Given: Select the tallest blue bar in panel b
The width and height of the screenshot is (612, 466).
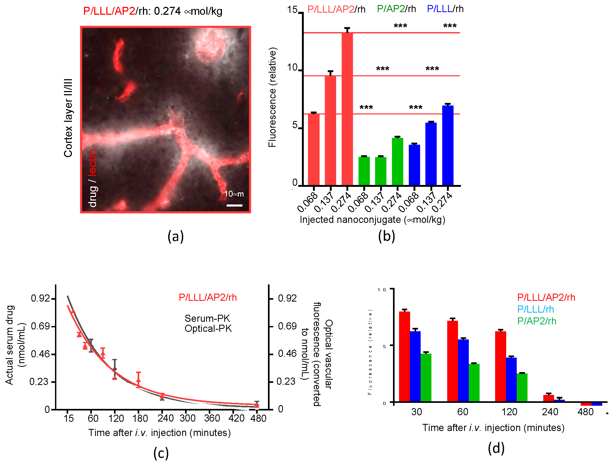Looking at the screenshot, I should click(447, 145).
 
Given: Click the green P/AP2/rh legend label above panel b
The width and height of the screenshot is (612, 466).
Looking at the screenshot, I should click(396, 9).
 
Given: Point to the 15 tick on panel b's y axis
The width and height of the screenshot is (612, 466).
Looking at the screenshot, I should click(292, 10).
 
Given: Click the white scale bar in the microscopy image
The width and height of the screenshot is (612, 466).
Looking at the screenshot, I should click(234, 206).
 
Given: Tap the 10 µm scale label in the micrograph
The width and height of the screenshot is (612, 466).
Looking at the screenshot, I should click(234, 194).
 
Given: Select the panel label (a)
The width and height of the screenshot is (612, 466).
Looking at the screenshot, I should click(175, 237).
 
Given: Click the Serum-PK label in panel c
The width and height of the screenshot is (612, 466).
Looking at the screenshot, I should click(207, 318).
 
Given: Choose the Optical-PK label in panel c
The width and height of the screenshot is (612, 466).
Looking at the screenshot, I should click(208, 329).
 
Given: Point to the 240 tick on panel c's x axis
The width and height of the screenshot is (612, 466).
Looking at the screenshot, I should click(165, 418).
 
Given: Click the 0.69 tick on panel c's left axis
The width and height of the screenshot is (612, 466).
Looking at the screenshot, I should click(40, 326).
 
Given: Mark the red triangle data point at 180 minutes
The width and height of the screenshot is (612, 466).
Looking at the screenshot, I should click(138, 380).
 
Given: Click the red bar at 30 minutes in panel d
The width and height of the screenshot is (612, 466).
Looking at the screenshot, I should click(404, 357).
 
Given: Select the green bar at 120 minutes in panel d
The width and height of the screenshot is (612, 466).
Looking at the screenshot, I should click(522, 388).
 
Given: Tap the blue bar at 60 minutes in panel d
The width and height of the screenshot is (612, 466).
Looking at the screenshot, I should click(463, 370).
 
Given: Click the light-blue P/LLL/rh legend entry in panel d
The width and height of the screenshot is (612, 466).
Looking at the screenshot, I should click(535, 309).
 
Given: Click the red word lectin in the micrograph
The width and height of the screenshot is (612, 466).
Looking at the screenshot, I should click(92, 162).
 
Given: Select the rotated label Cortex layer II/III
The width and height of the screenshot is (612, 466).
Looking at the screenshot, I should click(68, 118).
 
